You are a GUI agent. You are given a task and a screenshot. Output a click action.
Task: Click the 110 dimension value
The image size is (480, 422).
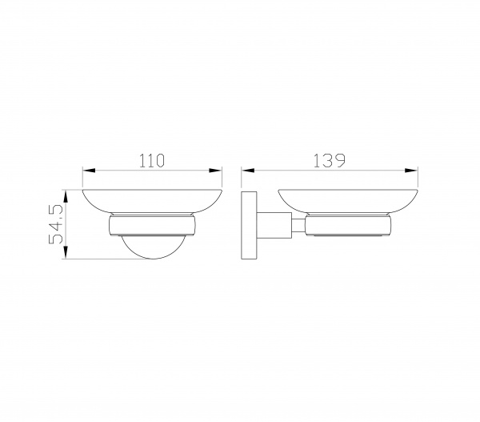tap(152, 161)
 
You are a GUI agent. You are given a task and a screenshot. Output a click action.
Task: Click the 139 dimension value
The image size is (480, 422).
tap(330, 161)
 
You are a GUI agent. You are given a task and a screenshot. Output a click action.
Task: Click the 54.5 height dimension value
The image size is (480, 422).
tap(56, 224)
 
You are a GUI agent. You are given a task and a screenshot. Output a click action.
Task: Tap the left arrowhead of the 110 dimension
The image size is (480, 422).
tap(89, 171)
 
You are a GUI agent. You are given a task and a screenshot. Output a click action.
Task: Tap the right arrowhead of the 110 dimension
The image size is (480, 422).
tap(215, 171)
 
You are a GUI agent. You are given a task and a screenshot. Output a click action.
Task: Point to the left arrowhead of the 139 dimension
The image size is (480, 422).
tap(248, 171)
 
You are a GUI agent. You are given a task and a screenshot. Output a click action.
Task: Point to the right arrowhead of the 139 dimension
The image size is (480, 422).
tap(411, 171)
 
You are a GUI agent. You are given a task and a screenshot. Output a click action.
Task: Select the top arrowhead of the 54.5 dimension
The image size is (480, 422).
tap(66, 196)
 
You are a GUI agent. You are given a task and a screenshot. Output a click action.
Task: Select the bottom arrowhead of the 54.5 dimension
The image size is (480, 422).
tap(66, 252)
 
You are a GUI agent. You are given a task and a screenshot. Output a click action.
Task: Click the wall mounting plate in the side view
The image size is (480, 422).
tap(249, 226)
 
